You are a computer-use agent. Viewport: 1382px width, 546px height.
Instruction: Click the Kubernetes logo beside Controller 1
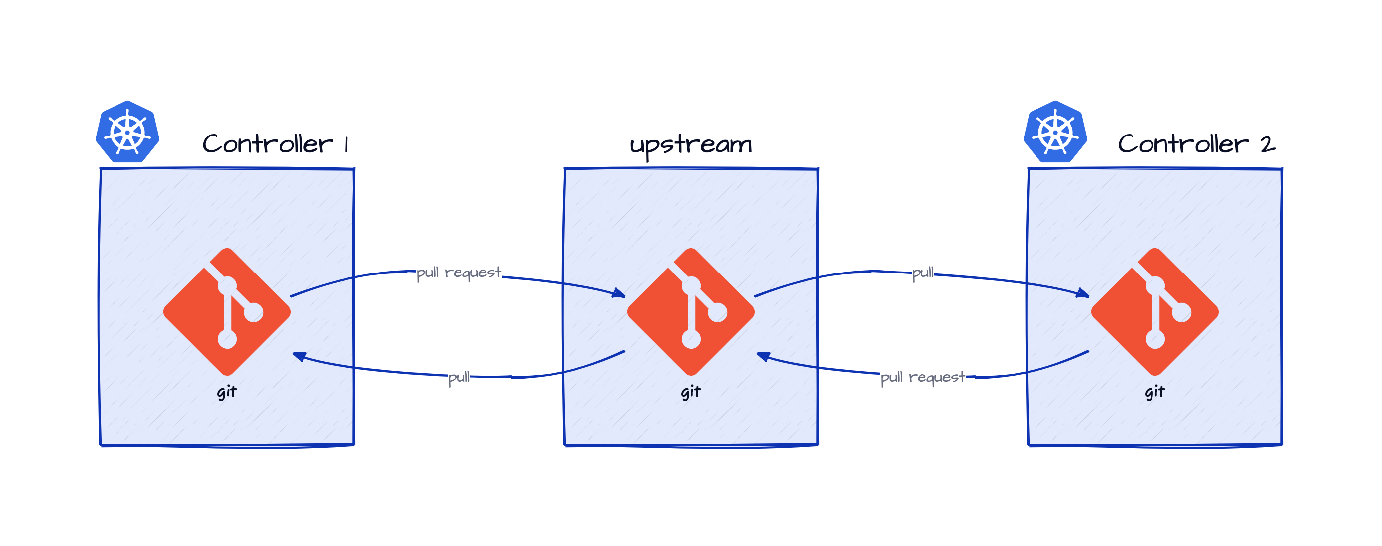[x=127, y=132]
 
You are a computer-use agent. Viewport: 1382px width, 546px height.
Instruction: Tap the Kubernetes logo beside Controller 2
[x=1055, y=132]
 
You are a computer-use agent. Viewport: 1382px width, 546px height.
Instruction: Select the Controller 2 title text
[x=1196, y=144]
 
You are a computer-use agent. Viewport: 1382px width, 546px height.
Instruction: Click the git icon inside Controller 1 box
[x=227, y=311]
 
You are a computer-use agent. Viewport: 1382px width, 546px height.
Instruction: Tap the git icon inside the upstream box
[x=691, y=311]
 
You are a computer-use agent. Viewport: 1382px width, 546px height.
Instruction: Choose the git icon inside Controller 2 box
[x=1154, y=311]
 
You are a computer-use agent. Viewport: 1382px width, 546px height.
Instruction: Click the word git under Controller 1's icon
[x=227, y=392]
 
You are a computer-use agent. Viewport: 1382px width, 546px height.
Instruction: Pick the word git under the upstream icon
[x=691, y=392]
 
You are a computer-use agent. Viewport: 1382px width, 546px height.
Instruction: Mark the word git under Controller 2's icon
[x=1154, y=392]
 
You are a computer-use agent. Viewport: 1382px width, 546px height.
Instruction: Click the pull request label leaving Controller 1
[x=459, y=273]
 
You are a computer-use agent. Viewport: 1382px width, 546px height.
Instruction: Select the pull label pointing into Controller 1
[x=459, y=378]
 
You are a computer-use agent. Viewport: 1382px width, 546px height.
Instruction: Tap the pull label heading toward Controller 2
[x=923, y=273]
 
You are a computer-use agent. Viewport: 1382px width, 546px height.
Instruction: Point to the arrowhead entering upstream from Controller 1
[x=620, y=293]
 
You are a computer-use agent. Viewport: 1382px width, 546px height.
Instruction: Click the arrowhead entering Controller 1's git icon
[x=299, y=356]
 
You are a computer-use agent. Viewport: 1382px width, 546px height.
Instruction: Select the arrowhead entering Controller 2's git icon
[x=1083, y=293]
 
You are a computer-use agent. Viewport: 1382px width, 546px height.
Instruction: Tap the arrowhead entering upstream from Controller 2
[x=763, y=356]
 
